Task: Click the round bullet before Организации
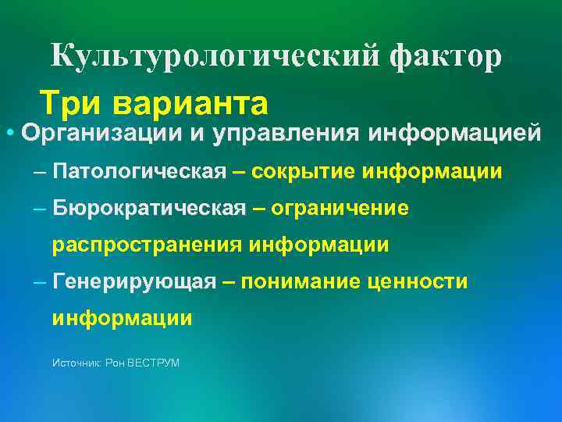(x=8, y=133)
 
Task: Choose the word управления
(x=286, y=133)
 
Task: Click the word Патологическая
(x=140, y=172)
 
